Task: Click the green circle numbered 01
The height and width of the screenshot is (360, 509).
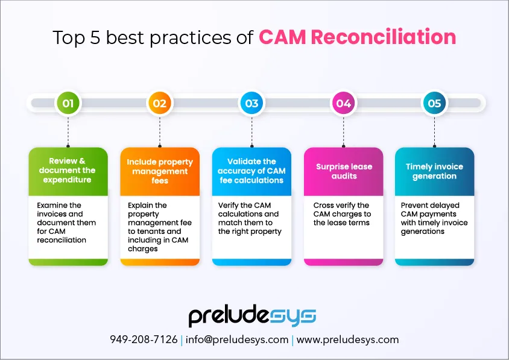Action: [x=68, y=103]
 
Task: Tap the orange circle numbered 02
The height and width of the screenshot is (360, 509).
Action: [x=160, y=103]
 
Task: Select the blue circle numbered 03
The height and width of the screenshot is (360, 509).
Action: [x=251, y=103]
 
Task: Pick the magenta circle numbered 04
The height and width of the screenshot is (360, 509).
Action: [x=343, y=103]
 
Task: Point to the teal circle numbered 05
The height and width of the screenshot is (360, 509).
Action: [x=434, y=103]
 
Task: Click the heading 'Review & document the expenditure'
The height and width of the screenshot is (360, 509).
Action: [x=67, y=171]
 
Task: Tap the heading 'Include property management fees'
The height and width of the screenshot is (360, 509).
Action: [x=160, y=171]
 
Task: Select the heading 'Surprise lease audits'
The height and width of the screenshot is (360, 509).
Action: [x=344, y=171]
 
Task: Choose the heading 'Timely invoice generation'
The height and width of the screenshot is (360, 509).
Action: [x=434, y=171]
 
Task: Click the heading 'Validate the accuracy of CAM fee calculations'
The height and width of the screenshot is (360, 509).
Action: [x=251, y=171]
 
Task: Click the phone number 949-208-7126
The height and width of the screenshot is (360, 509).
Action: [x=144, y=339]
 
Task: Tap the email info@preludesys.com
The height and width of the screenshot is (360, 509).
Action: [x=237, y=340]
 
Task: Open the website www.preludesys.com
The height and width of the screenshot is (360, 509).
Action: [x=347, y=340]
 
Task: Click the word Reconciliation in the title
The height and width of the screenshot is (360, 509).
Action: [x=384, y=37]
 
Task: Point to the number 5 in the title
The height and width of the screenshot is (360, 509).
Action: [x=95, y=37]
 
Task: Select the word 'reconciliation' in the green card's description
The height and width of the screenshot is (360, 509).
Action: [x=62, y=240]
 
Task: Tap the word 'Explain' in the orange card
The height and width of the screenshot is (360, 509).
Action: [x=141, y=206]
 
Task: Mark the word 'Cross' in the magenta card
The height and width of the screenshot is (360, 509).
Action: [x=323, y=205]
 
